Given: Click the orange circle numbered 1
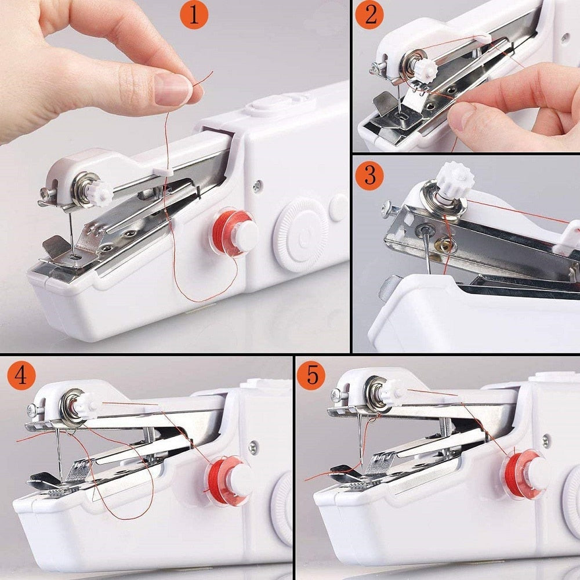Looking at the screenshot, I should (x=193, y=16).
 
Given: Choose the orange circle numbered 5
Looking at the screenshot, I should (x=312, y=376).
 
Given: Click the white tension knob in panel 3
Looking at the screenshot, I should (x=454, y=179).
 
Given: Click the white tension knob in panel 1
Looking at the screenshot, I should (x=99, y=193).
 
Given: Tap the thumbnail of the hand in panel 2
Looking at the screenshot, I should (x=463, y=116).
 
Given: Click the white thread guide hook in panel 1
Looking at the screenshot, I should (x=163, y=170).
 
